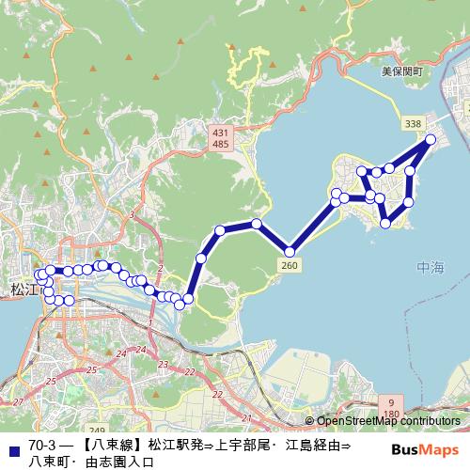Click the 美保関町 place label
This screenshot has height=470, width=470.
point(403,71)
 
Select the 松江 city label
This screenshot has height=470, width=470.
point(20,289)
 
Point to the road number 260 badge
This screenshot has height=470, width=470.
point(290,267)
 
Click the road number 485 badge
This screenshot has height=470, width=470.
point(220,145)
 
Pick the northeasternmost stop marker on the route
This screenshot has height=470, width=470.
point(431,140)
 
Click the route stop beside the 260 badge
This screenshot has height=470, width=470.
point(290,252)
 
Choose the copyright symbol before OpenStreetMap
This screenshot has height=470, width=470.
point(309,421)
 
